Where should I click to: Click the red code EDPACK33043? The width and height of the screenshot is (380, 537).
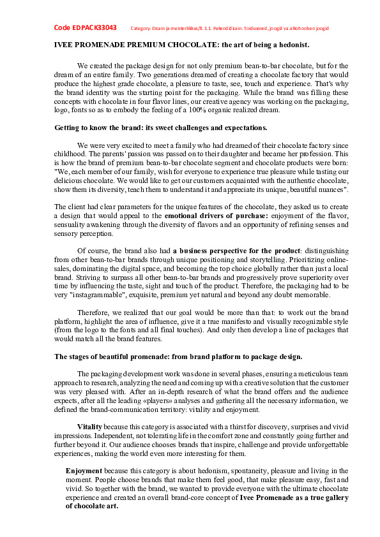click(85, 28)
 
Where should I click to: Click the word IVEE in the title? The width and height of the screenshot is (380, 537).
click(63, 45)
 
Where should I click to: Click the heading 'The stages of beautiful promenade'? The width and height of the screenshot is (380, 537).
click(178, 355)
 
